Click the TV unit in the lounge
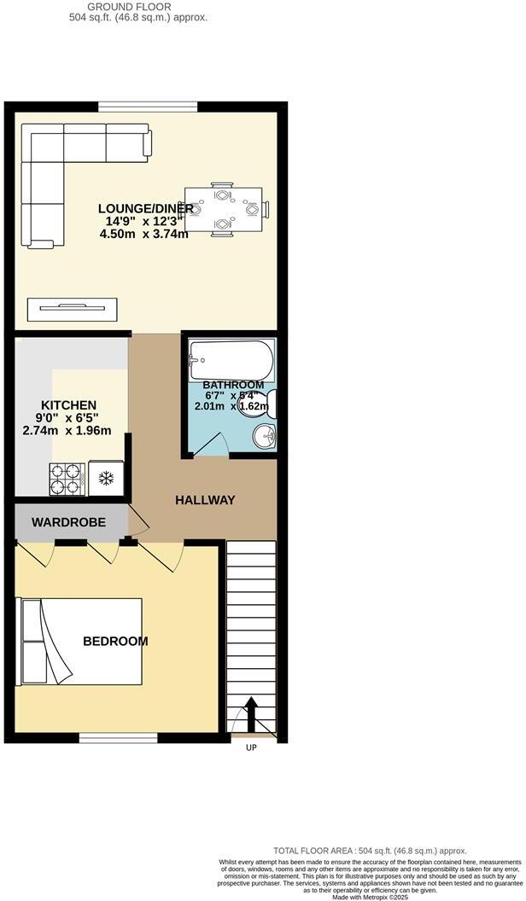(72, 309)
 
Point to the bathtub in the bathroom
(231, 359)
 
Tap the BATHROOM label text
(233, 386)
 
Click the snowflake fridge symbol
(107, 478)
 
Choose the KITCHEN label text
(69, 404)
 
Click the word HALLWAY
(205, 500)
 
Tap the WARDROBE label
(69, 521)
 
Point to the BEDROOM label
(115, 642)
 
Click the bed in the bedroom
(81, 642)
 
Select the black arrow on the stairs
(252, 708)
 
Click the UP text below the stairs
(251, 747)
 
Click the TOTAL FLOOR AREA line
(370, 851)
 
